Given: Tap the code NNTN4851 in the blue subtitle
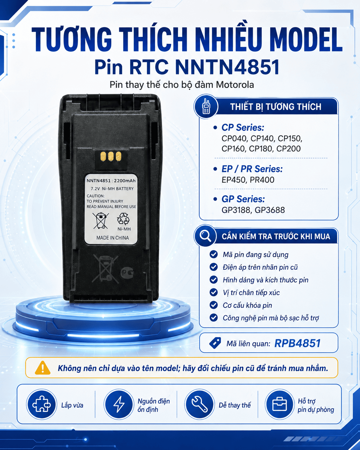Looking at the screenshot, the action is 227,67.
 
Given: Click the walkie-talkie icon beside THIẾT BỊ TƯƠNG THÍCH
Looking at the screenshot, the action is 206,106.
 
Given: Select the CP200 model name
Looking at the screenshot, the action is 288,149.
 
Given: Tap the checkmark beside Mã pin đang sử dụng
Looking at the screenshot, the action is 213,255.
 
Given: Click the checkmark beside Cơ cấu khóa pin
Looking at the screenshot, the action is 213,305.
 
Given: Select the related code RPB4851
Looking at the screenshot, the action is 297,343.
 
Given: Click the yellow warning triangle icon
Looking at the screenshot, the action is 43,368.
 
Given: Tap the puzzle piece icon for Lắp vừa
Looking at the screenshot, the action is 41,404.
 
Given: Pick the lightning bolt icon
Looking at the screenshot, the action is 119,404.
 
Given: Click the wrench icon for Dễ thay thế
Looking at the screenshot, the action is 200,404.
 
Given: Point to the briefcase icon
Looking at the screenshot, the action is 279,404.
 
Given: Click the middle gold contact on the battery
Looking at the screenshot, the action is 111,156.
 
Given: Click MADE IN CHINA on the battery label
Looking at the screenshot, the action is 113,238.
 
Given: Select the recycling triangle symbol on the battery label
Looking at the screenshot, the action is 123,219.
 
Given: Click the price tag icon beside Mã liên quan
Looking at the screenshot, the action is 215,343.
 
